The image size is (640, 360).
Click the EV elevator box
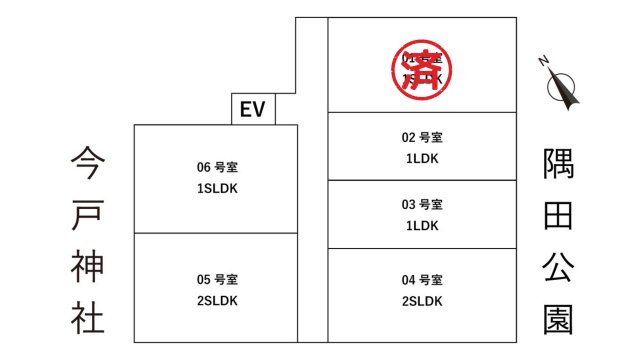tap(252, 109)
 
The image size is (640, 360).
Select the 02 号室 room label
tap(422, 137)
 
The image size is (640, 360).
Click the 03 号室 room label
tap(422, 205)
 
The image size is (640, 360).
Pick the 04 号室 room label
tap(422, 279)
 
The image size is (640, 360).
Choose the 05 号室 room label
tap(217, 279)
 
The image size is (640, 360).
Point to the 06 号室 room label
tap(217, 167)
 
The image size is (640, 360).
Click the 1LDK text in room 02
tap(422, 158)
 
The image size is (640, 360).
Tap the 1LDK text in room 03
tap(422, 226)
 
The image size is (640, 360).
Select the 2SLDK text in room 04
tap(422, 300)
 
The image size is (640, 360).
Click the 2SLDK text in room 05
tap(217, 300)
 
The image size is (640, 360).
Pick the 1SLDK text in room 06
tap(217, 188)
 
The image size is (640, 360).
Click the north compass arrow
tap(566, 88)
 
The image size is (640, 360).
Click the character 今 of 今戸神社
tap(88, 161)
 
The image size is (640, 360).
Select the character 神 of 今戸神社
tap(88, 265)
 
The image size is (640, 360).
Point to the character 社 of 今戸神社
tap(88, 317)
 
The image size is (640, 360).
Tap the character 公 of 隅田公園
tap(558, 267)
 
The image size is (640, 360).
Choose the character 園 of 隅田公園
tap(558, 319)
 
